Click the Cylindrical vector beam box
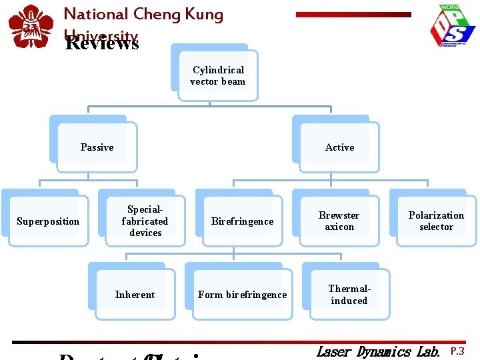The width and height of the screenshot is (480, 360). click(x=218, y=76)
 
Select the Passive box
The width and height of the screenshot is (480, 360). click(x=97, y=147)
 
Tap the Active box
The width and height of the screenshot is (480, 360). click(x=339, y=147)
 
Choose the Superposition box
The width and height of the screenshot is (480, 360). click(x=48, y=221)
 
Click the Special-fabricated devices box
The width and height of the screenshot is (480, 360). click(x=145, y=221)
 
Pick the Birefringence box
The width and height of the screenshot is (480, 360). click(x=242, y=221)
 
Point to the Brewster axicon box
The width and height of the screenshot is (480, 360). click(x=339, y=221)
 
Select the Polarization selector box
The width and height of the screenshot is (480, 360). click(x=436, y=221)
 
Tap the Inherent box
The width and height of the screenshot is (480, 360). click(x=135, y=295)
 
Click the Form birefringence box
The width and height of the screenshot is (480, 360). click(x=242, y=295)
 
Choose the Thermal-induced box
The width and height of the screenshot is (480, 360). click(x=349, y=295)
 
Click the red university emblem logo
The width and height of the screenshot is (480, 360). click(x=30, y=27)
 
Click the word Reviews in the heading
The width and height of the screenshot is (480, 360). click(x=102, y=44)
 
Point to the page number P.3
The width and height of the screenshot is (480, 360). click(x=457, y=351)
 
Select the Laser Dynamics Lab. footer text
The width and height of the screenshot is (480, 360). click(x=378, y=351)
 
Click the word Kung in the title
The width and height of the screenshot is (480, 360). click(x=202, y=14)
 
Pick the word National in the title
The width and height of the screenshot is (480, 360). click(x=95, y=14)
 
